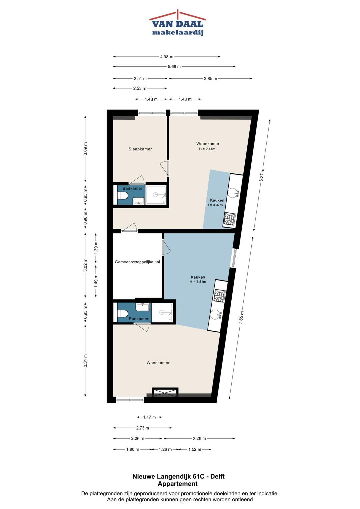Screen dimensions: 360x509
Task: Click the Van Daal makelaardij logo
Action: tap(177, 23)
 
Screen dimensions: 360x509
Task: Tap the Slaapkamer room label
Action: tap(140, 149)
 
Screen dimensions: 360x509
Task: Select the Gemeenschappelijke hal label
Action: tap(137, 262)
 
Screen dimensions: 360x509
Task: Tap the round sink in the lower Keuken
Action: tap(216, 315)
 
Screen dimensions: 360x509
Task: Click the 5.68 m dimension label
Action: tap(174, 67)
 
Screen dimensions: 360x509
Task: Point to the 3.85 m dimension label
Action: tap(210, 79)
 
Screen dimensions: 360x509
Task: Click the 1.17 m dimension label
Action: tap(149, 417)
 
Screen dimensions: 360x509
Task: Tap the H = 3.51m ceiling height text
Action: tap(198, 282)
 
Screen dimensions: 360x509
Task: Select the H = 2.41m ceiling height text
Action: tap(207, 149)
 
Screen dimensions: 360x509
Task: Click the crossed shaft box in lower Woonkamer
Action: tap(165, 393)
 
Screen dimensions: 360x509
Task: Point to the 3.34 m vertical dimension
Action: tap(85, 361)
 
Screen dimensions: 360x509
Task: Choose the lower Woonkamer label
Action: tap(158, 363)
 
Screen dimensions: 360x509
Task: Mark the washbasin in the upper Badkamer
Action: tap(139, 201)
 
